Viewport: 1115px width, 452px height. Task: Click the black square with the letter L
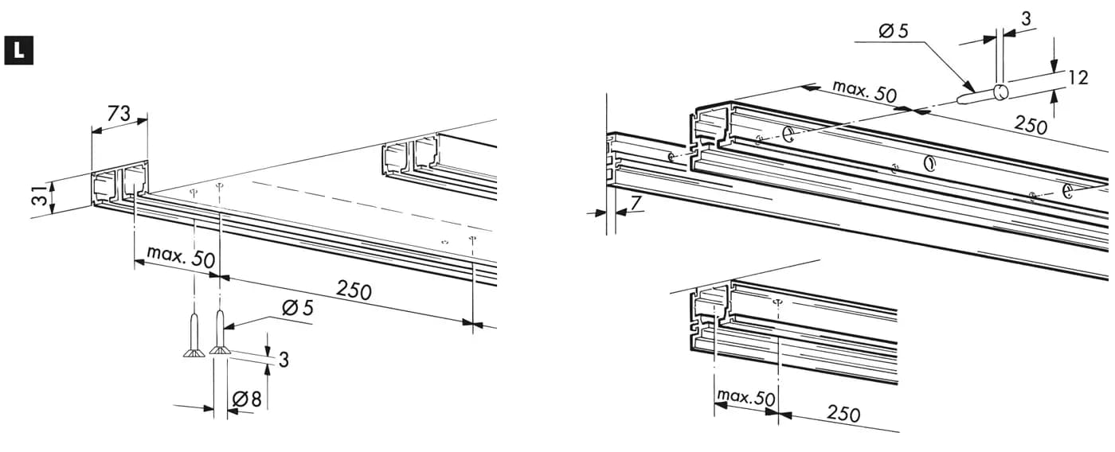tap(19, 50)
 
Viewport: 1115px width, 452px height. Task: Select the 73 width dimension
tap(119, 115)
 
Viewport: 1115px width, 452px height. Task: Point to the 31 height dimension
tap(41, 194)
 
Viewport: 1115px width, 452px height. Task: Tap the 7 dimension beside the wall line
tap(636, 203)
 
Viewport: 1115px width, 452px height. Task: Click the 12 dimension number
tap(1078, 78)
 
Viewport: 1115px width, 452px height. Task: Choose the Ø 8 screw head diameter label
tap(247, 399)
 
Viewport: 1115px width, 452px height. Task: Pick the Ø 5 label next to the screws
tap(298, 308)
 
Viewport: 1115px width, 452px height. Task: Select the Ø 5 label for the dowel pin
tap(894, 31)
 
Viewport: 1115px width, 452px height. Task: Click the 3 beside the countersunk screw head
tap(284, 360)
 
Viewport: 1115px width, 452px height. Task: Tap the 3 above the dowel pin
tap(1026, 19)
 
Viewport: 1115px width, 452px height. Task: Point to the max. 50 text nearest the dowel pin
tap(865, 91)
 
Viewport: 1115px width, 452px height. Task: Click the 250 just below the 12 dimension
tap(1031, 125)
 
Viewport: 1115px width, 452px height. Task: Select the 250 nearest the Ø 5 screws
tap(354, 290)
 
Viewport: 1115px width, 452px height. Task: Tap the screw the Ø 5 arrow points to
tap(219, 333)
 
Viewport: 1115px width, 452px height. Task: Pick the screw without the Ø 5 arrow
tap(194, 336)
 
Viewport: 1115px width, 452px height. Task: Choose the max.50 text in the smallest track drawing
tap(745, 397)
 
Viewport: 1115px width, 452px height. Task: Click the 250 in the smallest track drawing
tap(843, 413)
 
